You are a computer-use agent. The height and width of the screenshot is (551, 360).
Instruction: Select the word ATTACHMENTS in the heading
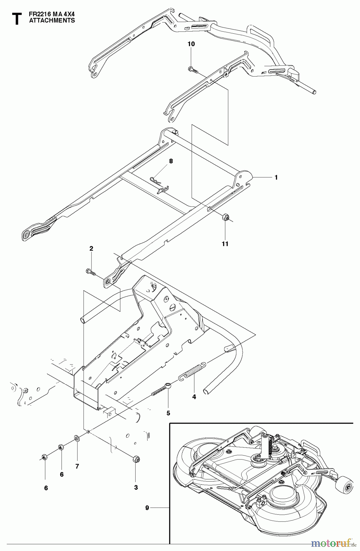tap(52, 21)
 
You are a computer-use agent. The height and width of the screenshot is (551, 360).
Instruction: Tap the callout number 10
tap(191, 44)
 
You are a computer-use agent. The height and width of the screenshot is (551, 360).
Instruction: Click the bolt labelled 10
tap(192, 69)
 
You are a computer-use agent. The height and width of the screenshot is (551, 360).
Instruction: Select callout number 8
tap(171, 161)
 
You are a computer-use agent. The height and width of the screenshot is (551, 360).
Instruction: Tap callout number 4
tap(194, 397)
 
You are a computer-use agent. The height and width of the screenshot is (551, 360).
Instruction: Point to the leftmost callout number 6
tap(46, 488)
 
